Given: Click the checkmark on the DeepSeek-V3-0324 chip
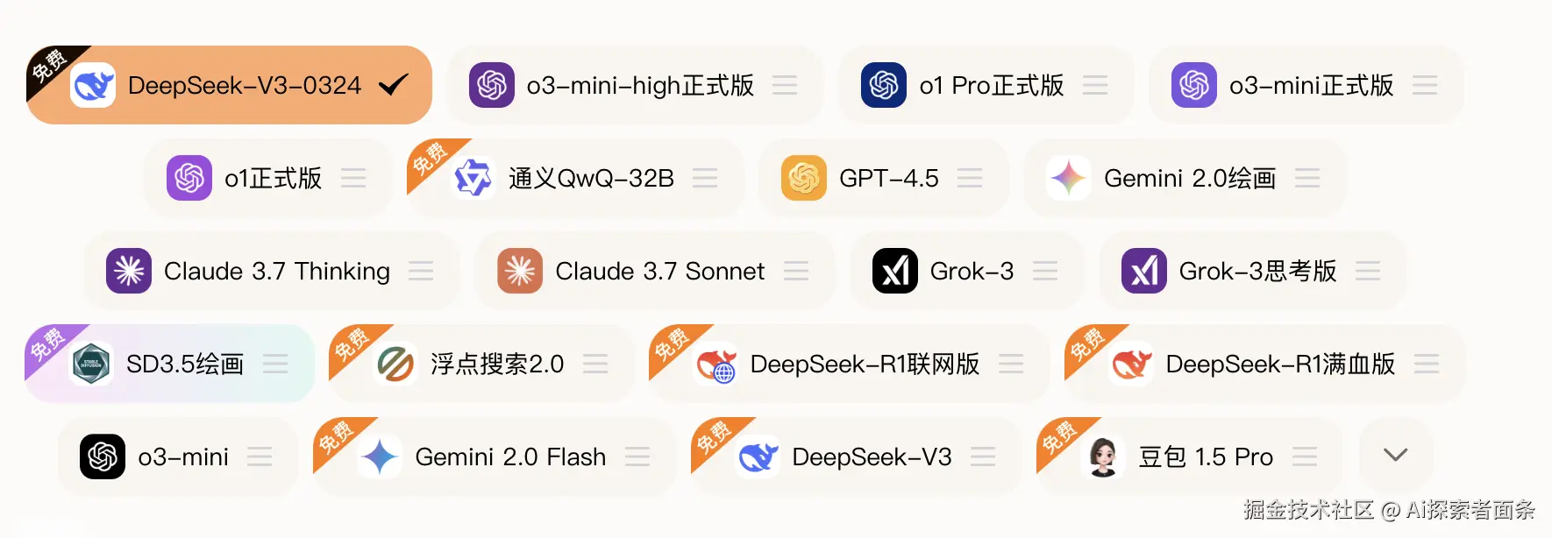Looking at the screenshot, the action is click(393, 85).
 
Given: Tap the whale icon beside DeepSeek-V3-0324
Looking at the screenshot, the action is click(93, 85).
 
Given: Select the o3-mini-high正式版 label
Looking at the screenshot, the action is click(640, 85).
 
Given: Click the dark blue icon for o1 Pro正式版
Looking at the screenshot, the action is click(884, 85).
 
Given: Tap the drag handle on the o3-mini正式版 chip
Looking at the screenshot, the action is click(1425, 85).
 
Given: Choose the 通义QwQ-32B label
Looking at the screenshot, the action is click(591, 178).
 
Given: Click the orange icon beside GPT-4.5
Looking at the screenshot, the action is click(804, 178).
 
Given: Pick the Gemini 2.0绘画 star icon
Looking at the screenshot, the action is click(1069, 178).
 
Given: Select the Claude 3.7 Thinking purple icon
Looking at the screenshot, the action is click(129, 271).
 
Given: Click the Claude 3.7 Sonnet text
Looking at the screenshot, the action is click(659, 271).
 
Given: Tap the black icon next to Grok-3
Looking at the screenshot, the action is click(895, 271).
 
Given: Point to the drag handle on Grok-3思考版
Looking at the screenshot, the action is click(1368, 271).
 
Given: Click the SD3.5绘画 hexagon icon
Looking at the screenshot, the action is click(91, 364).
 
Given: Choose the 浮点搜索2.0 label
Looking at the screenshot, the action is click(497, 364).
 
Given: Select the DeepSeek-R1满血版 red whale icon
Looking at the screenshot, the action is click(1131, 364).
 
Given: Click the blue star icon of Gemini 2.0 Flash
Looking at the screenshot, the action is click(380, 457).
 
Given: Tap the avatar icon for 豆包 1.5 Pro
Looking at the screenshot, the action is click(1103, 457).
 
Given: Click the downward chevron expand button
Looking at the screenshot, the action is click(1395, 455).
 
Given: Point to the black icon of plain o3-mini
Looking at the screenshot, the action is click(103, 457).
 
